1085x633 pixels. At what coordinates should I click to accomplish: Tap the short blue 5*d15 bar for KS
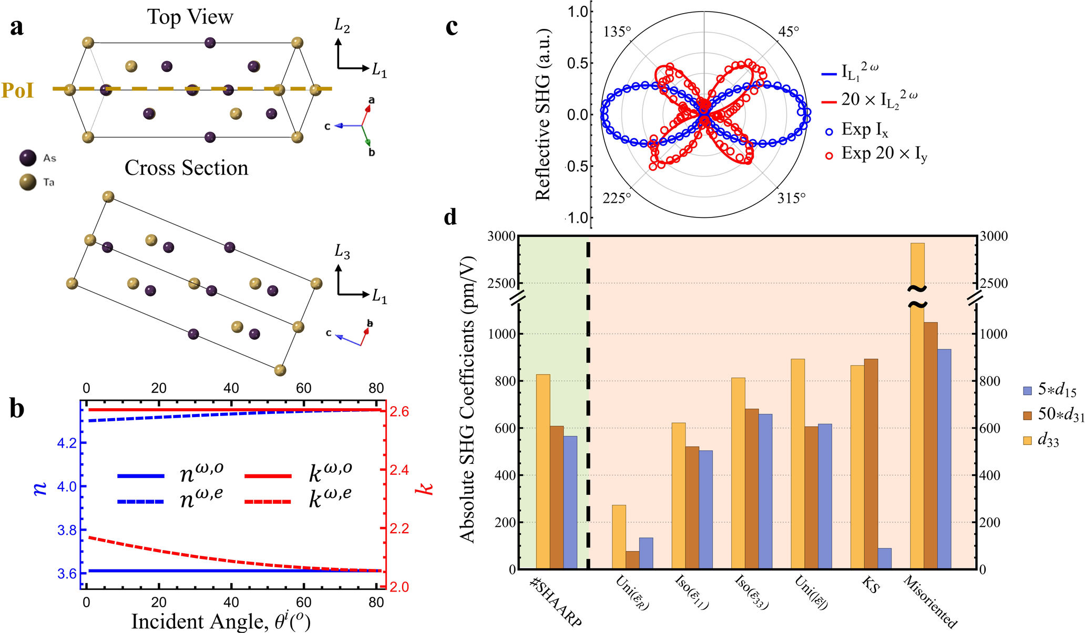tap(885, 558)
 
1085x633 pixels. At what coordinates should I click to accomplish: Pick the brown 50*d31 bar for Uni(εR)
tap(632, 560)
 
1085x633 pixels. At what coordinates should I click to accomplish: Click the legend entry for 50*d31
tap(1051, 414)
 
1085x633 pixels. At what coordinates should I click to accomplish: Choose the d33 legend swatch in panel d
tap(1028, 440)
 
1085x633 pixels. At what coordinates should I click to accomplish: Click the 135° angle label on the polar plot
tap(617, 33)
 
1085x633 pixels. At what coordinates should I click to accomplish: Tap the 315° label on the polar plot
tap(791, 198)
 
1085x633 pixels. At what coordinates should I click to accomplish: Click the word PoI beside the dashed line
tap(18, 90)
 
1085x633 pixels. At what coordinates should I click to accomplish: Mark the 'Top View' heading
tap(190, 17)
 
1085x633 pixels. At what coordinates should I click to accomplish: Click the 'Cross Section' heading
tap(186, 168)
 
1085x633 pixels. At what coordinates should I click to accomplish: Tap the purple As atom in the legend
tap(27, 158)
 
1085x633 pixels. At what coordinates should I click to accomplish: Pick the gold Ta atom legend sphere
tap(27, 182)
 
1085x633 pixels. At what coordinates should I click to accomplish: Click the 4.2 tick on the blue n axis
tap(67, 443)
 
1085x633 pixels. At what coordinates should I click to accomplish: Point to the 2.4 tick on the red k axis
tap(398, 470)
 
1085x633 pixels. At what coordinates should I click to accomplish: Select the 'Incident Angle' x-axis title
tap(221, 621)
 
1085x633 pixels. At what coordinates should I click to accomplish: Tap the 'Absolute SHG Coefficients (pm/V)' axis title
tap(467, 399)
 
